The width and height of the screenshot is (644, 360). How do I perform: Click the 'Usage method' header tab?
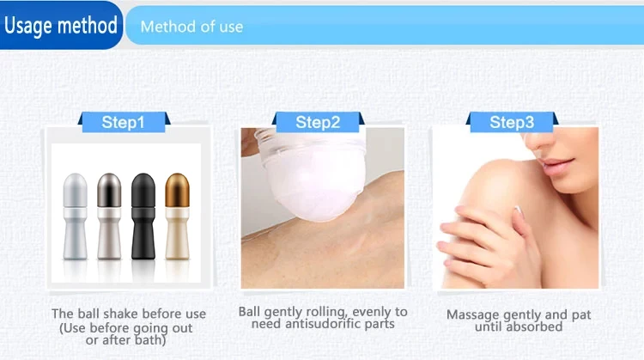[60, 25]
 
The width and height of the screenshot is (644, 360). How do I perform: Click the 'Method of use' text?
[191, 27]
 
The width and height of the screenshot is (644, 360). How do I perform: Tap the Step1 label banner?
[123, 122]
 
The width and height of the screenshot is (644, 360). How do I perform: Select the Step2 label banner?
[318, 122]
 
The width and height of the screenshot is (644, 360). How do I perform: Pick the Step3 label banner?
[511, 122]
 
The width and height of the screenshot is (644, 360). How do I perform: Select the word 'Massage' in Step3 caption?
[472, 314]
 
